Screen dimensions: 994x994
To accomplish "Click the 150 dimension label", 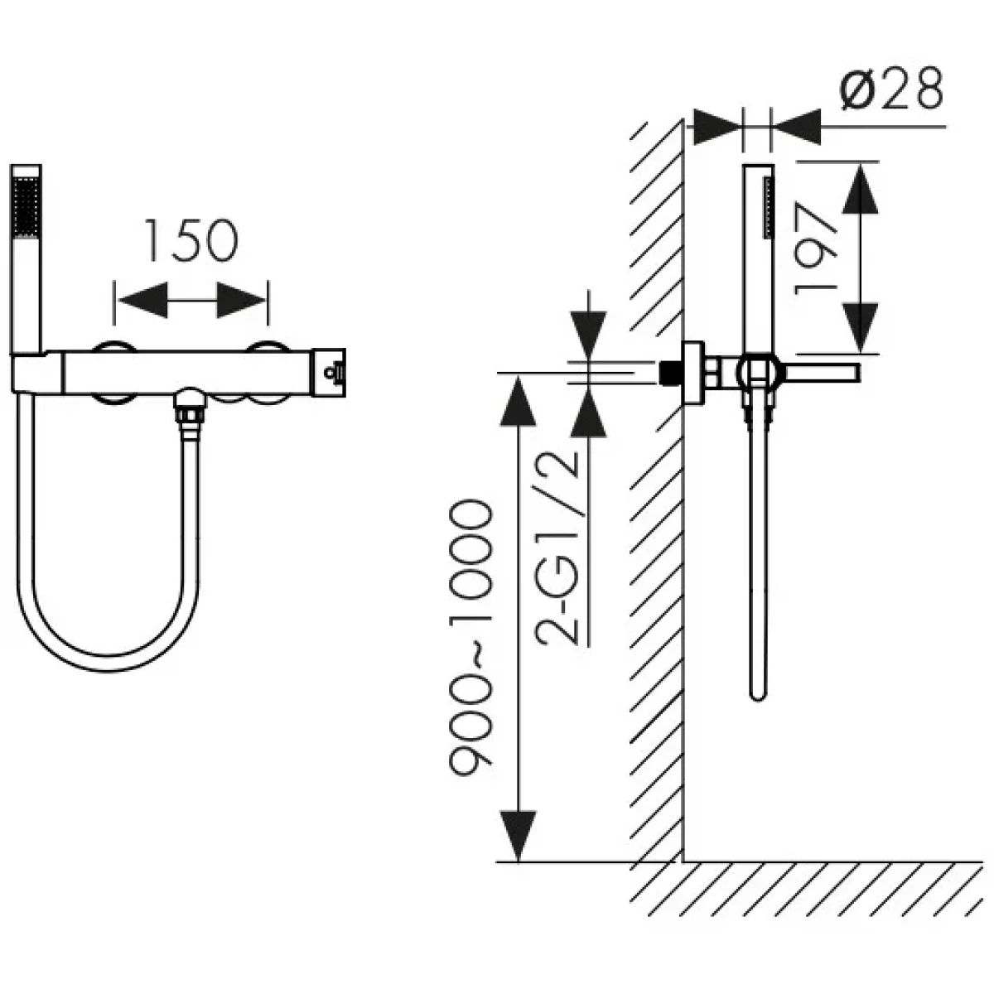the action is pos(191,241).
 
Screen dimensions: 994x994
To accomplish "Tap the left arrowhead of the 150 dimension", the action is pos(142,300).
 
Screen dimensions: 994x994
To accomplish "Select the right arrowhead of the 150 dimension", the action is pos(241,300).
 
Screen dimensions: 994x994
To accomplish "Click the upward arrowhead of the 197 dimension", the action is pos(860,188).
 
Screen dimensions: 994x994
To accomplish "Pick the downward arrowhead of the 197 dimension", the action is pos(860,327).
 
